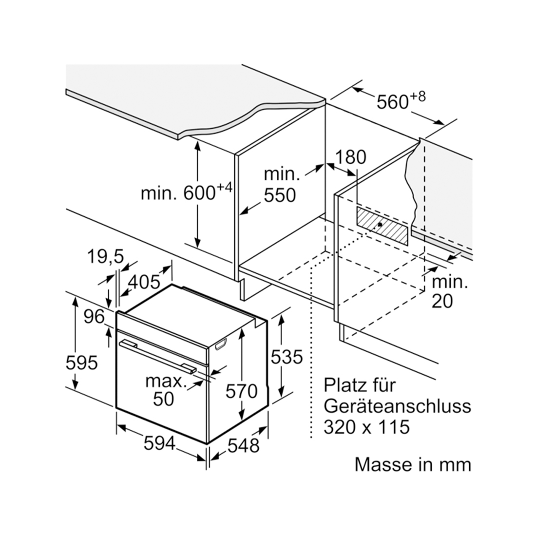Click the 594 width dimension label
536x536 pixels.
click(x=160, y=444)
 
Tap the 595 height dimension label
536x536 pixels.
click(x=82, y=363)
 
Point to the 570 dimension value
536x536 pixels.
click(x=241, y=391)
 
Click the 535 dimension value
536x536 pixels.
click(x=287, y=357)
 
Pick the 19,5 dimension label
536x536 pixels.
click(x=105, y=256)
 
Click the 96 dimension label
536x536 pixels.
click(x=95, y=317)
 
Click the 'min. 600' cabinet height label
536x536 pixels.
click(x=187, y=192)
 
